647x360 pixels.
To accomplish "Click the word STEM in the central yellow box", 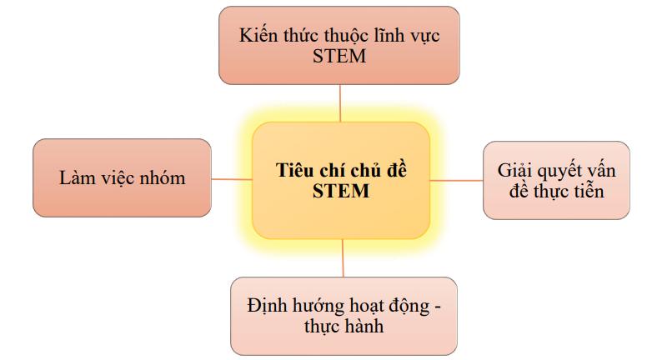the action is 342,191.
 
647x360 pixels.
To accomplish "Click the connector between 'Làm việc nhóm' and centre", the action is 231,178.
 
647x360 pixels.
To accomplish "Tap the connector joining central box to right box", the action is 457,179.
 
